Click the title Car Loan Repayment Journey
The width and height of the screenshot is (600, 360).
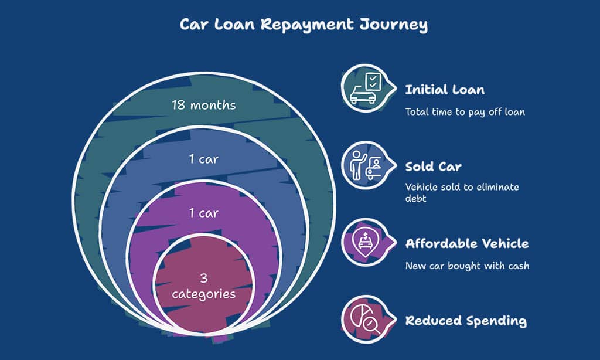304,25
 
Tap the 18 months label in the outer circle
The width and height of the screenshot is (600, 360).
204,106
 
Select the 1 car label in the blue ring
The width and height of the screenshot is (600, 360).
204,159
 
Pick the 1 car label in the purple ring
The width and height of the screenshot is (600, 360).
204,213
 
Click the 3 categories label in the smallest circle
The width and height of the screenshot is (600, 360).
204,286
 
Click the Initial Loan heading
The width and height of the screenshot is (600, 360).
445,90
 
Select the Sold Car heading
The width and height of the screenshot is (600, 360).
433,167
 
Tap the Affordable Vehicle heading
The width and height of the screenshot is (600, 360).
467,243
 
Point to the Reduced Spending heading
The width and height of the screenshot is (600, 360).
466,321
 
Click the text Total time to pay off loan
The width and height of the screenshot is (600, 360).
465,111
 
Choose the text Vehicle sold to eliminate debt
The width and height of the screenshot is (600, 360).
462,193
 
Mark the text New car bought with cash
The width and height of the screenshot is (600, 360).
467,266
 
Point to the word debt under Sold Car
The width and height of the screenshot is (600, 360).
417,199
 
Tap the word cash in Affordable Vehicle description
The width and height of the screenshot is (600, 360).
519,266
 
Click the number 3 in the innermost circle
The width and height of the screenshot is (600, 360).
204,278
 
